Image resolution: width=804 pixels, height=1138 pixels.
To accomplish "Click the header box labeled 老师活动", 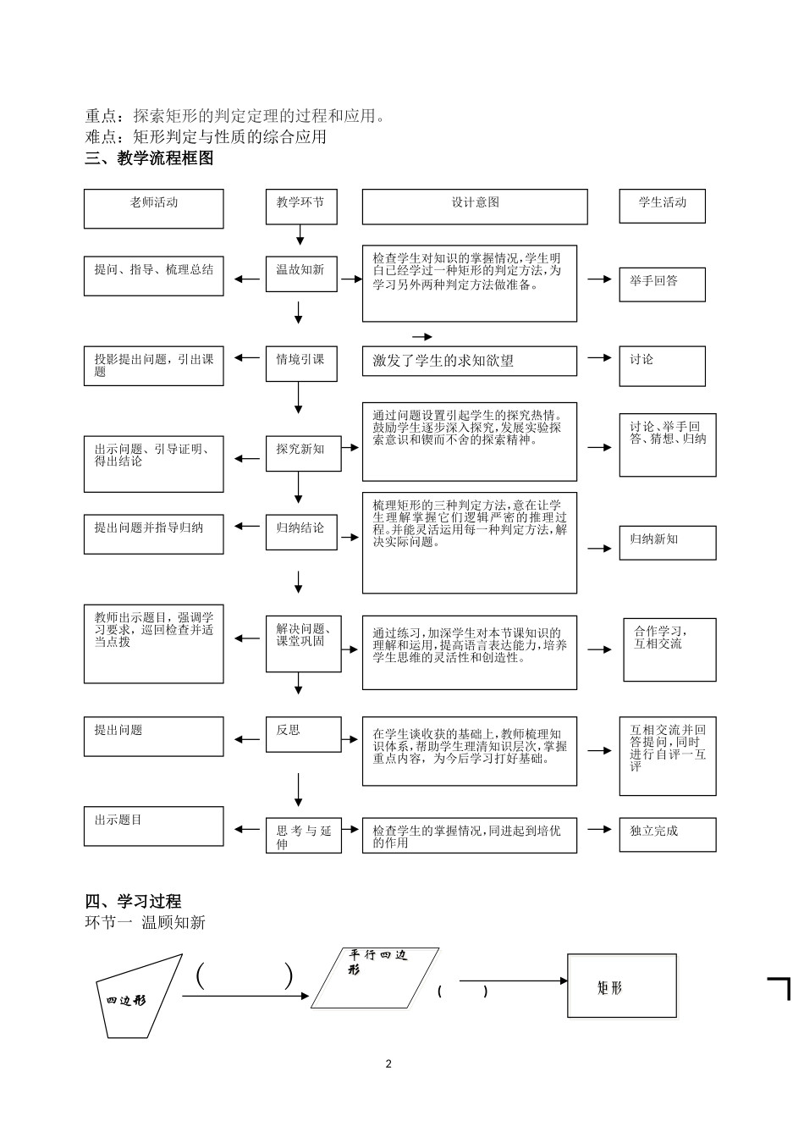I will point(153,208).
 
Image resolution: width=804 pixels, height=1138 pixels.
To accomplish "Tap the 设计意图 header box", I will point(474,207).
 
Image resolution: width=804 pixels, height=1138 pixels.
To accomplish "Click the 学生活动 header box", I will point(662,207).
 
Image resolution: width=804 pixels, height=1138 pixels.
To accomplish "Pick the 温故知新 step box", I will point(300,273).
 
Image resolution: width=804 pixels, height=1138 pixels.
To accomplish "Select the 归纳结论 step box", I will point(300,533).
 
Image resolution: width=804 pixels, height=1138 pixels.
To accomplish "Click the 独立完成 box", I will point(667,834).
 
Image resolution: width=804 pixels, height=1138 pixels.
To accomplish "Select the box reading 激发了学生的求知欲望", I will point(469,361).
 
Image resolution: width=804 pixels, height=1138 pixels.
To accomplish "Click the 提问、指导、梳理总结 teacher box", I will point(153,276).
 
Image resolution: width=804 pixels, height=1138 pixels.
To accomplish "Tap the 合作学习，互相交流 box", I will point(669,649).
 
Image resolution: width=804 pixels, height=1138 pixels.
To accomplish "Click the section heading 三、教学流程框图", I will point(149,157).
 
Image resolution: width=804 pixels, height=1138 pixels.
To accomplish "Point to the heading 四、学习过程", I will point(134,901).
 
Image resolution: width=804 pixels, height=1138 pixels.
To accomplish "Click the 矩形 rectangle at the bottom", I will point(621,987).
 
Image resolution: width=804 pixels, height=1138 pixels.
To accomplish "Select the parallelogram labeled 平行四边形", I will point(375,978).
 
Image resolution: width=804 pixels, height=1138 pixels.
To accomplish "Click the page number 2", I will point(388,1064).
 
